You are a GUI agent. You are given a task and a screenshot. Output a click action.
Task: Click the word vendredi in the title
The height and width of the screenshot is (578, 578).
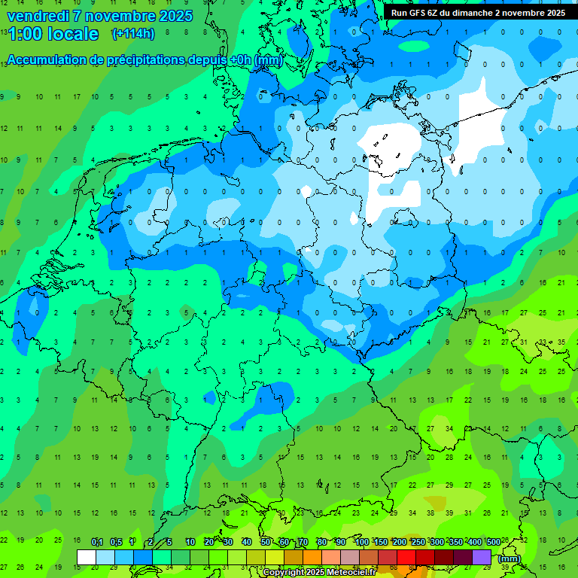(x=39, y=16)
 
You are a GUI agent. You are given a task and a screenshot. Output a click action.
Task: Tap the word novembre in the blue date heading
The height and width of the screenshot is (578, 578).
(x=120, y=16)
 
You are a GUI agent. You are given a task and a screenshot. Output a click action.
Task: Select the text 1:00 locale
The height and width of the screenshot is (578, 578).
(x=53, y=34)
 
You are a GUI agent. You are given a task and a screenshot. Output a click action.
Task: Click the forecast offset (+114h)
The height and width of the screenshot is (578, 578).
(x=133, y=34)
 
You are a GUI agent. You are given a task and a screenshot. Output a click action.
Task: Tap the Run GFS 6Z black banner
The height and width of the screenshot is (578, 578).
(x=478, y=12)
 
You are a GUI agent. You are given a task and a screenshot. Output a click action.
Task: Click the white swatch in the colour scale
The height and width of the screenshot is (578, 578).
(x=87, y=558)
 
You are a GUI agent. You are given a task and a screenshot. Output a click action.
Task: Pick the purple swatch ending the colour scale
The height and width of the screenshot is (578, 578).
(x=482, y=558)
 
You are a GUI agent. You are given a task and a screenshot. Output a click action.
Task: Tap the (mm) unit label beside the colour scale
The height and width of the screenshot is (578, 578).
(x=510, y=558)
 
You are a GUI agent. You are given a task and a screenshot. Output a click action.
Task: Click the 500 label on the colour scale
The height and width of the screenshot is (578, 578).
(x=493, y=543)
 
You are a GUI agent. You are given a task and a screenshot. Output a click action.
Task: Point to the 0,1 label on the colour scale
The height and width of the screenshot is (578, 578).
(x=97, y=543)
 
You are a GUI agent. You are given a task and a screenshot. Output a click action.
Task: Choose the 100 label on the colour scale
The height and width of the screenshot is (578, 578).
(x=361, y=543)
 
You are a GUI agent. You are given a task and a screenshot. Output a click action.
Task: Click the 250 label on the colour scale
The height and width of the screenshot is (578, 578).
(x=418, y=543)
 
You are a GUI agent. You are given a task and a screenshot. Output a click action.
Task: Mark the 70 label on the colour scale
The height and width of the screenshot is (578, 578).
(x=303, y=543)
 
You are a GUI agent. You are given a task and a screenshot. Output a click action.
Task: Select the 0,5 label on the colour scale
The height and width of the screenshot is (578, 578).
(x=116, y=543)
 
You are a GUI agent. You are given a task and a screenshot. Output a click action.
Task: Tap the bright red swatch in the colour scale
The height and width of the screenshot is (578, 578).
(x=406, y=558)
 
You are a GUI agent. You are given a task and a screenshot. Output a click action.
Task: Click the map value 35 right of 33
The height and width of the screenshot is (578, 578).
(x=561, y=342)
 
